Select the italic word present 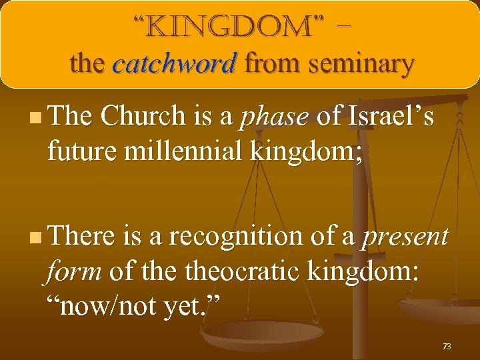(405, 237)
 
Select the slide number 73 (447, 346)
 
